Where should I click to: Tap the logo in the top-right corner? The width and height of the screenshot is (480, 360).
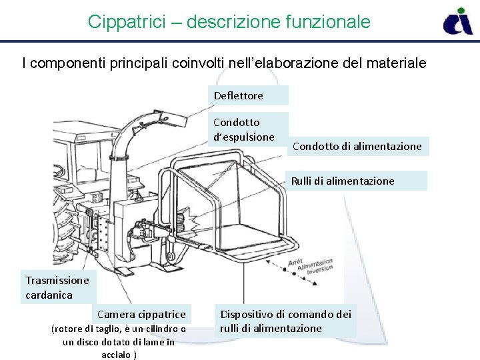coord(458,21)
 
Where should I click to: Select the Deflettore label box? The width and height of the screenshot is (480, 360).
coord(248,95)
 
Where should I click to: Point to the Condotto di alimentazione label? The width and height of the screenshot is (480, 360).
coord(357,146)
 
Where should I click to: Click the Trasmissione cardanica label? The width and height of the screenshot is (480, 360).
coord(57,287)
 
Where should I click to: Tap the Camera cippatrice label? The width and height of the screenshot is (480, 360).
coord(141,314)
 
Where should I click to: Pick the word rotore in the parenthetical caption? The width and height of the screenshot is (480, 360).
coord(68,328)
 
